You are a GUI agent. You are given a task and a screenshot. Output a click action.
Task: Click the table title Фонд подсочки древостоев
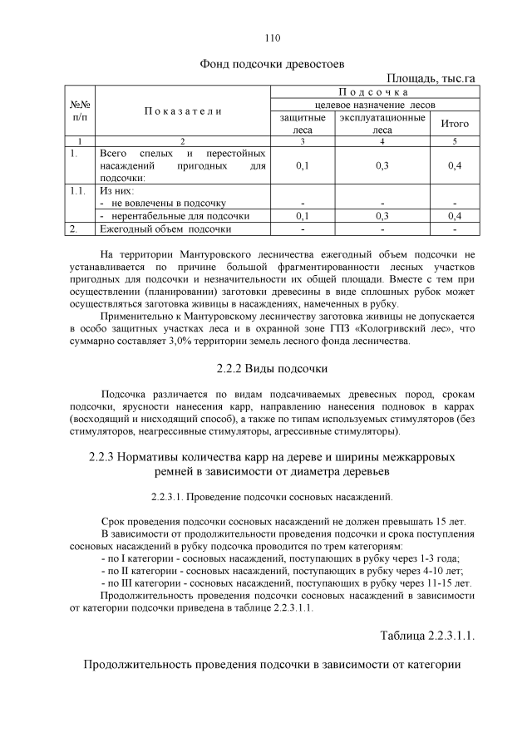(x=272, y=63)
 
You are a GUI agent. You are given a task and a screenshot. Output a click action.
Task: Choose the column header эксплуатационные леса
(x=382, y=124)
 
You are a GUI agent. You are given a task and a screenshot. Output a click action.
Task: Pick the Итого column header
(x=454, y=123)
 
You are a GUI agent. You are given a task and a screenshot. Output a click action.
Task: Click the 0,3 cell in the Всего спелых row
(x=382, y=165)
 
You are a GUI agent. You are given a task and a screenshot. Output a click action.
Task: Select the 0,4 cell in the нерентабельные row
(x=454, y=215)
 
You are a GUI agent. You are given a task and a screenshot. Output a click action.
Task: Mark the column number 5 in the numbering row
(x=454, y=141)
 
